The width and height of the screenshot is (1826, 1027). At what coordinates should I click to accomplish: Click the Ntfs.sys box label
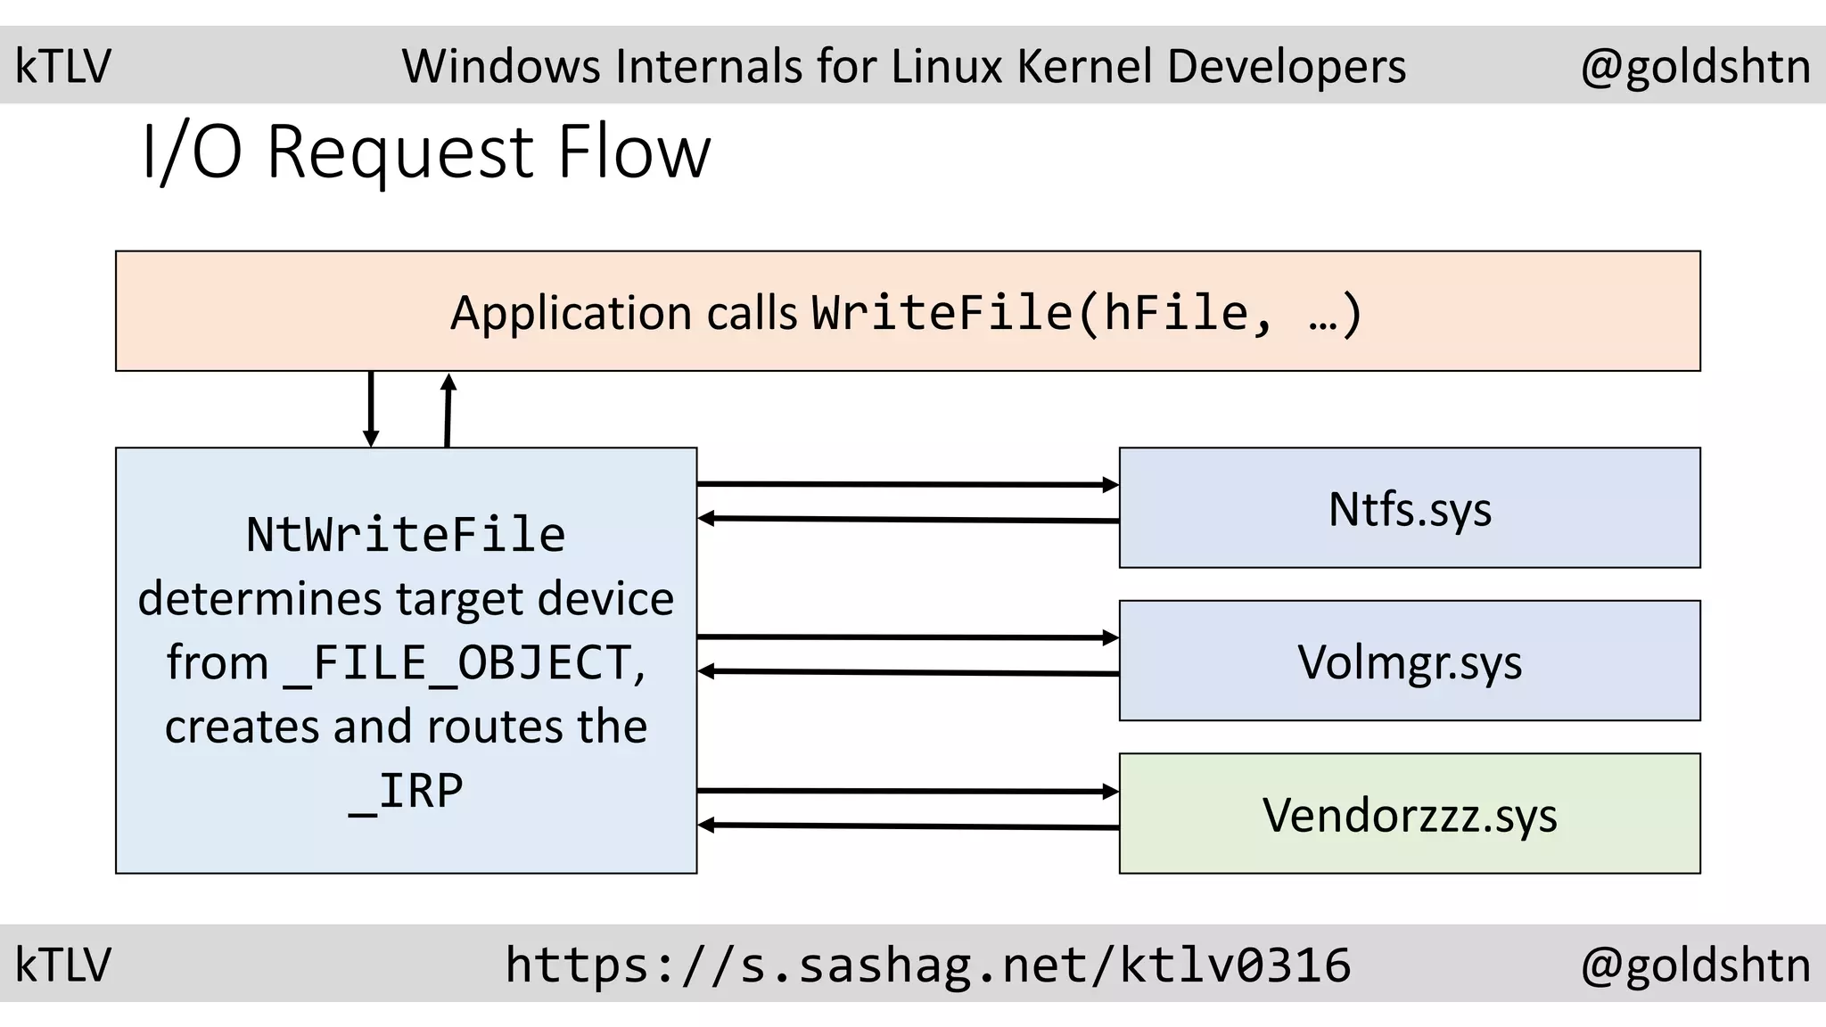(x=1410, y=510)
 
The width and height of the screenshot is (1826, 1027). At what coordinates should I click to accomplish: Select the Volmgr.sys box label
(x=1410, y=662)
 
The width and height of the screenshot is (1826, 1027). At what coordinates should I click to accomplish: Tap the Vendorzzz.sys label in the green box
(x=1410, y=815)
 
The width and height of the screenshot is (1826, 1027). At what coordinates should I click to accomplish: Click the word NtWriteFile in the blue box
(x=406, y=535)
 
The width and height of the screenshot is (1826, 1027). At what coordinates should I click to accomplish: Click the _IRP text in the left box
(x=406, y=791)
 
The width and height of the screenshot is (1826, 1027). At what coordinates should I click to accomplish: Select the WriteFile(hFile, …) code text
(x=1086, y=313)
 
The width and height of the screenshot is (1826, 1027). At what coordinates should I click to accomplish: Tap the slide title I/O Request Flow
(x=426, y=152)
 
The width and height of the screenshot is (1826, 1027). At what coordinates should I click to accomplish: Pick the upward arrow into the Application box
(x=448, y=410)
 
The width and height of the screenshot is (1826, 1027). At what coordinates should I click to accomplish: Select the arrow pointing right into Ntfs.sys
(x=908, y=485)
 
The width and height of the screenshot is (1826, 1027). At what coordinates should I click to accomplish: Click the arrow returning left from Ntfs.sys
(x=908, y=520)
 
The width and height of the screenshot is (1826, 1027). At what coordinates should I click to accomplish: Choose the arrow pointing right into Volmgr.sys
(x=908, y=637)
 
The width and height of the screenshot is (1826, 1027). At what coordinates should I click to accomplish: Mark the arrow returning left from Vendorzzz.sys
(x=908, y=826)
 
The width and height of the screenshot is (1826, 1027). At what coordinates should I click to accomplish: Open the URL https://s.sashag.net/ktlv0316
(x=927, y=965)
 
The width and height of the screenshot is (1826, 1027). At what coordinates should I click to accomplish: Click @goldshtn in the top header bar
(x=1695, y=67)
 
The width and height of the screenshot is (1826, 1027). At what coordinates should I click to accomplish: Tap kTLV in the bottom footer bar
(x=63, y=965)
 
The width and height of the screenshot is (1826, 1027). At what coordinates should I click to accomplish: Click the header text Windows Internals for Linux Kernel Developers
(x=903, y=67)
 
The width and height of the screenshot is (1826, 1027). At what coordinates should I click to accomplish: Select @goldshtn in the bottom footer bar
(x=1695, y=965)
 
